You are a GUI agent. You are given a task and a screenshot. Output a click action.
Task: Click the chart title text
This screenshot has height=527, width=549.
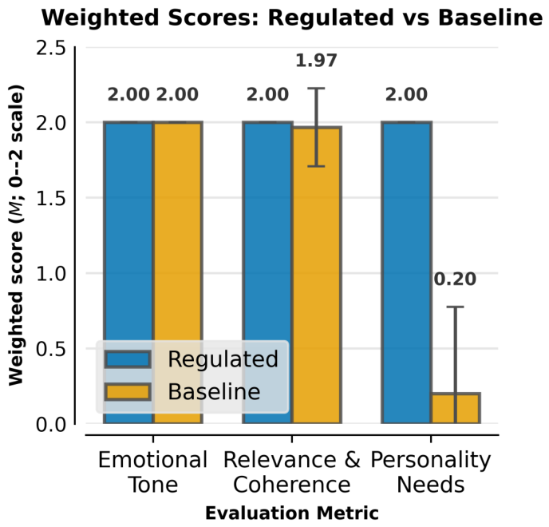(x=292, y=18)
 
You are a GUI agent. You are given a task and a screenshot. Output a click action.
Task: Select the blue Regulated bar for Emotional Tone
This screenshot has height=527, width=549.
(x=128, y=272)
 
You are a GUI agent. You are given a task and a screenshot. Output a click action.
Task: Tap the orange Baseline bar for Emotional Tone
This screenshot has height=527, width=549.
(x=178, y=272)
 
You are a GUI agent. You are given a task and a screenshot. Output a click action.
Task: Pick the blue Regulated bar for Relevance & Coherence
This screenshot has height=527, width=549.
(x=268, y=272)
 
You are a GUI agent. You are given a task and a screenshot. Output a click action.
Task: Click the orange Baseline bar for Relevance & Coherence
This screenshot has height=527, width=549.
(x=317, y=275)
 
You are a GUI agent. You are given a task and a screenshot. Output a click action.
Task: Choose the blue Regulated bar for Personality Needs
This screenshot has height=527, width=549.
(x=406, y=272)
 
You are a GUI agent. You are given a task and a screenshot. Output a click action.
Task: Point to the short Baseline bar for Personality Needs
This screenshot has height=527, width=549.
(x=456, y=408)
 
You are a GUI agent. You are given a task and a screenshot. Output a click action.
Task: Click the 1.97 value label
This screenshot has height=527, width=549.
(x=316, y=60)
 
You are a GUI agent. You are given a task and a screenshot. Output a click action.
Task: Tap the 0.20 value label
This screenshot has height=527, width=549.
(x=455, y=279)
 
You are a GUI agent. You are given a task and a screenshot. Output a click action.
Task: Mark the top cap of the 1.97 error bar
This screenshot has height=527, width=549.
(x=316, y=89)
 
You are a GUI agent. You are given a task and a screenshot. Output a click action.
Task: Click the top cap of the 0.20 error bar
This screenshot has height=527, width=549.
(x=455, y=307)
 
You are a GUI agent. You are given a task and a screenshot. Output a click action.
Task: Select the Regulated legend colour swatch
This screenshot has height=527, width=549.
(x=128, y=359)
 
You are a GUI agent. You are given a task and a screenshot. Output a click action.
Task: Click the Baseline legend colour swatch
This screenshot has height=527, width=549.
(x=128, y=391)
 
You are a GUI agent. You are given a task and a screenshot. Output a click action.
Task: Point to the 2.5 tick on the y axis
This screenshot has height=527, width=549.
(x=51, y=48)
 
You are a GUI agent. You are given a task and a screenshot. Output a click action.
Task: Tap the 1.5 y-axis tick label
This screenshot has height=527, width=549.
(x=51, y=198)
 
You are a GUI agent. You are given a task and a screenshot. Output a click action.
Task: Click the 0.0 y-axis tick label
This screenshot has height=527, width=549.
(x=51, y=424)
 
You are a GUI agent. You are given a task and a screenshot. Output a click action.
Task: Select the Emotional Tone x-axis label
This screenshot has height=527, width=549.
(x=153, y=472)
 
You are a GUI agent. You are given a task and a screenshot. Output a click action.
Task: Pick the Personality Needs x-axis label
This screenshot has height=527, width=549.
(x=431, y=473)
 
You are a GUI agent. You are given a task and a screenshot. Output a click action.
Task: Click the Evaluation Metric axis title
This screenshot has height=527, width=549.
(x=292, y=513)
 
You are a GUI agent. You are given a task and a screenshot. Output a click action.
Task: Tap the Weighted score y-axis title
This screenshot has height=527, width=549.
(x=16, y=236)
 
